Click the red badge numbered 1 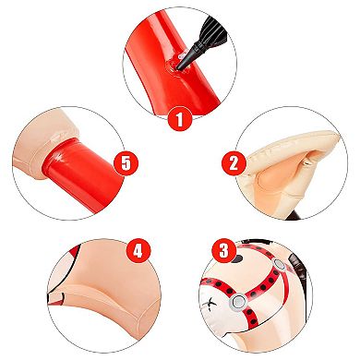181,118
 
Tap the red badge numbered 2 233,164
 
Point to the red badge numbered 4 137,250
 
